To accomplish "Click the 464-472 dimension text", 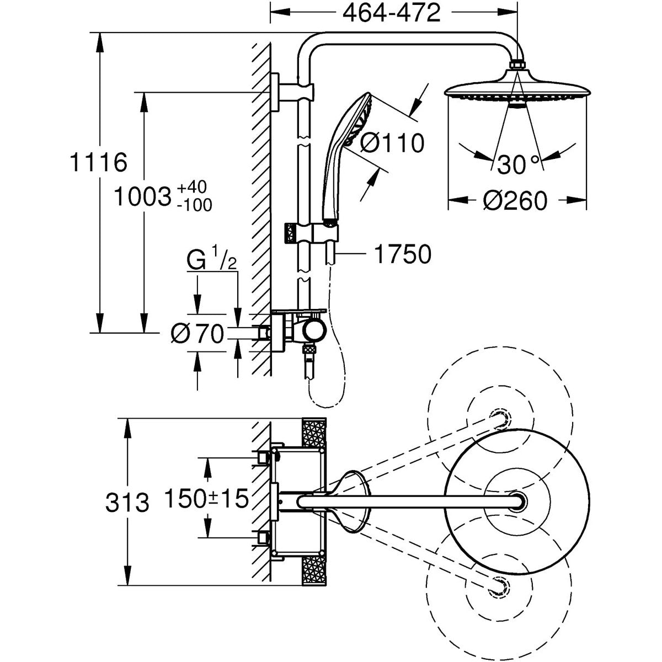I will click(392, 13).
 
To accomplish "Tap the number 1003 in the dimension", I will click(142, 196).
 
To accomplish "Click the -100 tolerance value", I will click(195, 206).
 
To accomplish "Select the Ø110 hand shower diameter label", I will click(392, 143).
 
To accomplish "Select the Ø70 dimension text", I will click(196, 333).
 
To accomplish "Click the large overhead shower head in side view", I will click(516, 91).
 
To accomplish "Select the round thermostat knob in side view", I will click(315, 331).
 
